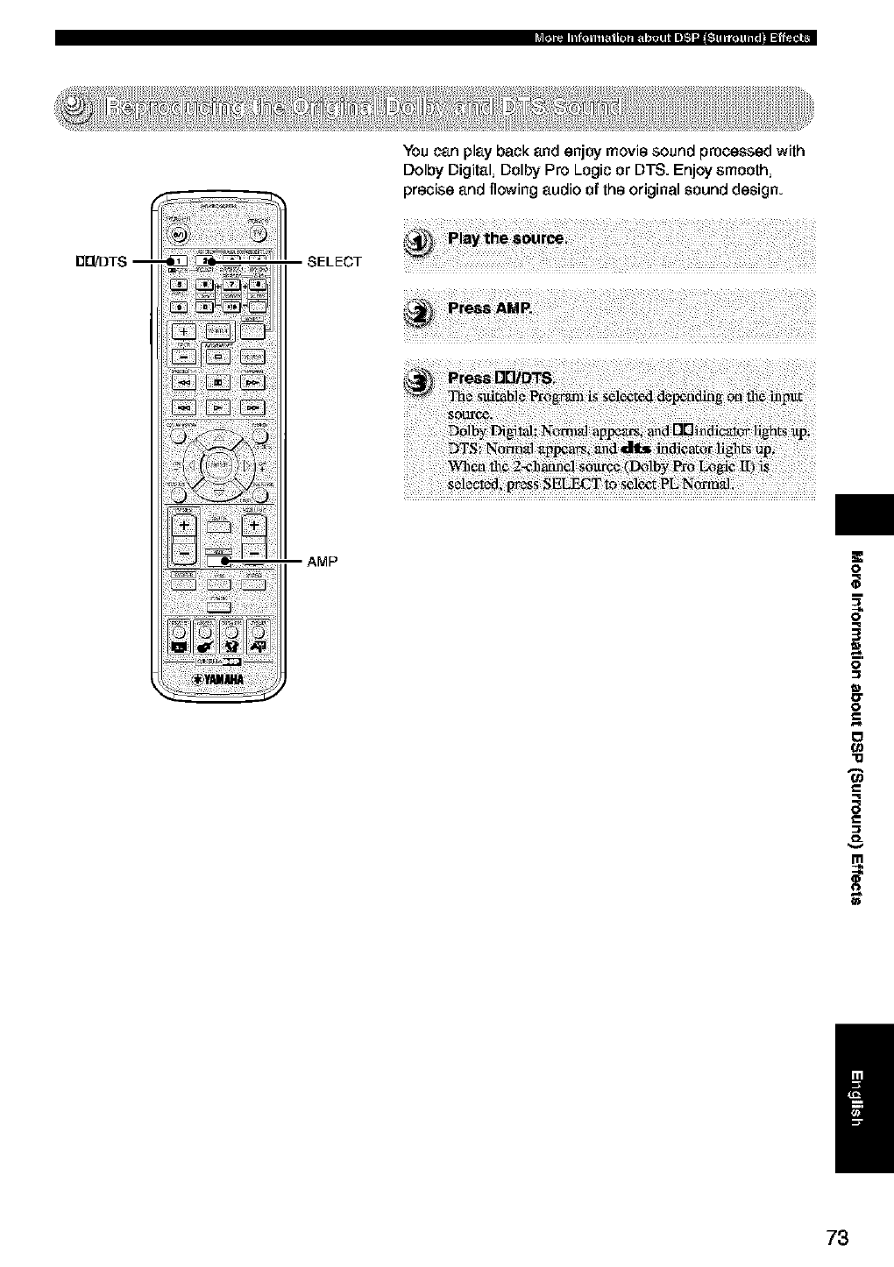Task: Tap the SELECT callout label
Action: [x=335, y=261]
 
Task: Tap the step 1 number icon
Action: [x=422, y=243]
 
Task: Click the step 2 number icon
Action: [x=422, y=311]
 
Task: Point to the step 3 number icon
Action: [x=422, y=380]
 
